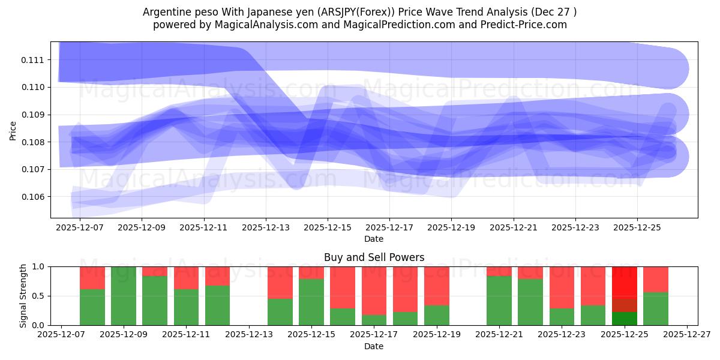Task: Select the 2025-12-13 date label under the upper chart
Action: [x=266, y=228]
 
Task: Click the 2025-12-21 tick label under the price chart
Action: [x=513, y=228]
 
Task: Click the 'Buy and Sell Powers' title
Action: [x=374, y=257]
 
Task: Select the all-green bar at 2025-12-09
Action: [x=124, y=296]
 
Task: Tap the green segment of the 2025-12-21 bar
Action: [x=499, y=301]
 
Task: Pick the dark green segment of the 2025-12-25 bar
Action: [x=625, y=319]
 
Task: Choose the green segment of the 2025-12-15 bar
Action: [x=311, y=302]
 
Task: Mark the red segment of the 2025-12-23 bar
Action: [x=562, y=287]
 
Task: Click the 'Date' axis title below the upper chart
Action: [x=373, y=239]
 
